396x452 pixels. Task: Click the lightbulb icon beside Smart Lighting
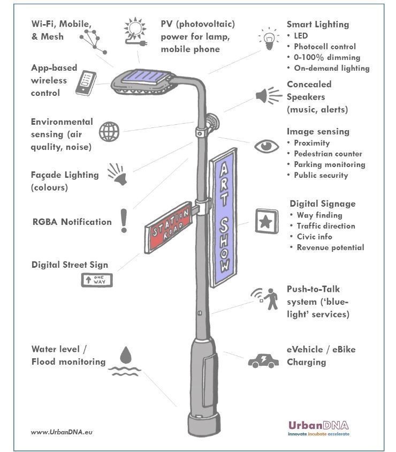(x=269, y=39)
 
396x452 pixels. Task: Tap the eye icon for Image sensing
(x=266, y=146)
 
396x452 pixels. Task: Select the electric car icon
(x=263, y=361)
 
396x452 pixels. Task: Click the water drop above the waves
(x=126, y=355)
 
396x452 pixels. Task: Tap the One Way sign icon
(x=97, y=280)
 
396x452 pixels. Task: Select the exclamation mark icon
(x=124, y=221)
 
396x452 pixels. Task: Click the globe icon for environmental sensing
(x=109, y=132)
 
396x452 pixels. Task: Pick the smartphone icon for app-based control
(x=86, y=82)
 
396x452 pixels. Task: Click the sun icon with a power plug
(x=135, y=32)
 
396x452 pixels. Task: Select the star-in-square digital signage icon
(x=266, y=221)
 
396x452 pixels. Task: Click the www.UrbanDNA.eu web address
(x=62, y=432)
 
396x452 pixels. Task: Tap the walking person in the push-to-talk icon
(x=271, y=299)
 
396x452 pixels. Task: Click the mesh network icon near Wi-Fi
(x=93, y=42)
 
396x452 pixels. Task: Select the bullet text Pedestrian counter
(x=328, y=154)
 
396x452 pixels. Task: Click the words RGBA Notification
(x=72, y=222)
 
